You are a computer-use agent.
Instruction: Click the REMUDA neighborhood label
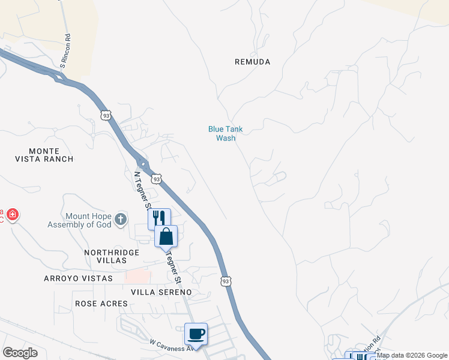(252, 62)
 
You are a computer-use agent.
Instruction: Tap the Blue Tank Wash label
(226, 133)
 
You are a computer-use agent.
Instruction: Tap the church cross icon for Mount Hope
(121, 219)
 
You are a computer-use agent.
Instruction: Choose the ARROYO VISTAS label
(78, 278)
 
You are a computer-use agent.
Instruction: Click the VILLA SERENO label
(161, 292)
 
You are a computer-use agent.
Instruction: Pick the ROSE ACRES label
(101, 304)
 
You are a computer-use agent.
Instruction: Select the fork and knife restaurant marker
(159, 218)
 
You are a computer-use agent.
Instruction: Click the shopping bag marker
(166, 236)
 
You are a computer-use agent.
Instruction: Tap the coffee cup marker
(196, 333)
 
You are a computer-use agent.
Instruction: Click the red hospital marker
(12, 215)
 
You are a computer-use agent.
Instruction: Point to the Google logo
(20, 353)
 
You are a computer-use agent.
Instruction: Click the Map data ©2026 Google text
(412, 355)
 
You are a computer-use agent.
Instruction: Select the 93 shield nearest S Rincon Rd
(106, 115)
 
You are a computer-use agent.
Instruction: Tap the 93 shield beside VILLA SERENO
(226, 281)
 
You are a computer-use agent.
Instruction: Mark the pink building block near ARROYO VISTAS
(137, 276)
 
